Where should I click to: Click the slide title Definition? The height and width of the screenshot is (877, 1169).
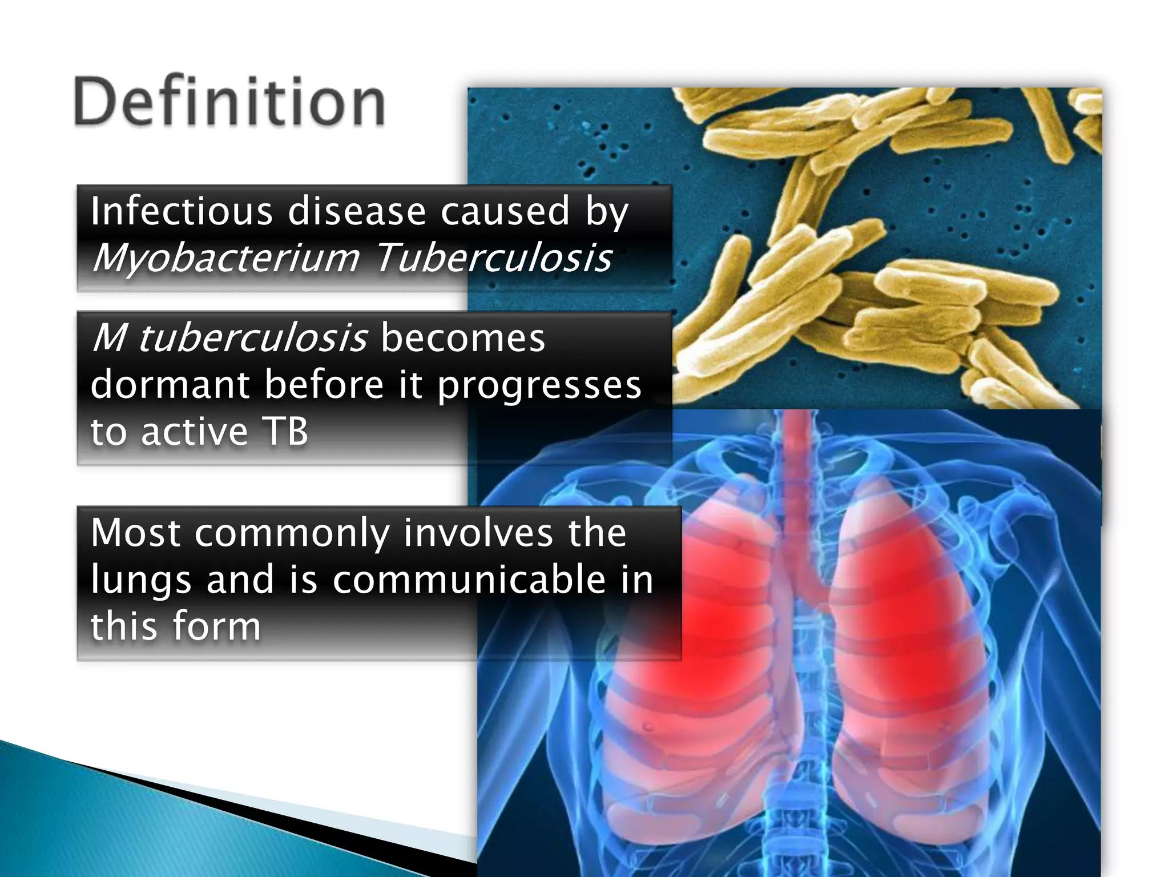point(229,103)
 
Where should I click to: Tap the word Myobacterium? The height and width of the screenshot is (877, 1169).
point(226,258)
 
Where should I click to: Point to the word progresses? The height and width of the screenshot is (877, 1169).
point(539,385)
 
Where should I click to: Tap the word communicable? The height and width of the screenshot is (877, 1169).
point(469,580)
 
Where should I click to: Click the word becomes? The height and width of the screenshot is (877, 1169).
point(462,338)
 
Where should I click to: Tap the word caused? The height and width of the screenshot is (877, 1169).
point(505,211)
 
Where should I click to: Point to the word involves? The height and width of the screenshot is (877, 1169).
point(478,533)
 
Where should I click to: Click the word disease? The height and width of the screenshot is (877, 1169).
point(357,211)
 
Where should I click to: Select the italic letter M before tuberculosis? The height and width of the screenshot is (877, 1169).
point(108,338)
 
